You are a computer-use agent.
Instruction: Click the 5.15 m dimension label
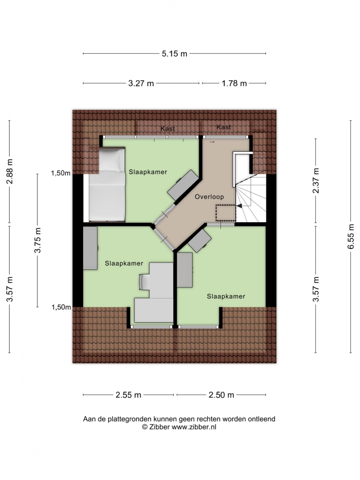coord(175,54)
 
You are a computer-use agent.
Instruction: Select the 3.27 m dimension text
coord(141,83)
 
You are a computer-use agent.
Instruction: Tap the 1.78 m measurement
coord(234,83)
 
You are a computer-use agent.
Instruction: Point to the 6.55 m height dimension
coord(351,236)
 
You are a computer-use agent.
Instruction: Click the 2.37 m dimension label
coord(316,180)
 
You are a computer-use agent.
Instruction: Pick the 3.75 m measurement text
coord(37,240)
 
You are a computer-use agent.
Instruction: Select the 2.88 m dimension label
coord(10,171)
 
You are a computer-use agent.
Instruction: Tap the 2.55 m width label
coord(128,395)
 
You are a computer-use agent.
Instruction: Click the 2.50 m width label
coord(221,395)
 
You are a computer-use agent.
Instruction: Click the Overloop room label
coord(209,197)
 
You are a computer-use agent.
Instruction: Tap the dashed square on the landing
coord(226,213)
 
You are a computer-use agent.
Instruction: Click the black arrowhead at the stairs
coord(239,206)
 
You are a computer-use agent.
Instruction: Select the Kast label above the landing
coord(224,127)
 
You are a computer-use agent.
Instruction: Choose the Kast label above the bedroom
coord(168,129)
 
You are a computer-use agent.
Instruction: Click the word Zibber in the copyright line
coord(159,427)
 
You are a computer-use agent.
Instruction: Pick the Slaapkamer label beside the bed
coord(148,172)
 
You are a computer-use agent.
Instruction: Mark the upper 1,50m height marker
coord(60,173)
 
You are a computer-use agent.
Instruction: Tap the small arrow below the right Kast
coord(212,142)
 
